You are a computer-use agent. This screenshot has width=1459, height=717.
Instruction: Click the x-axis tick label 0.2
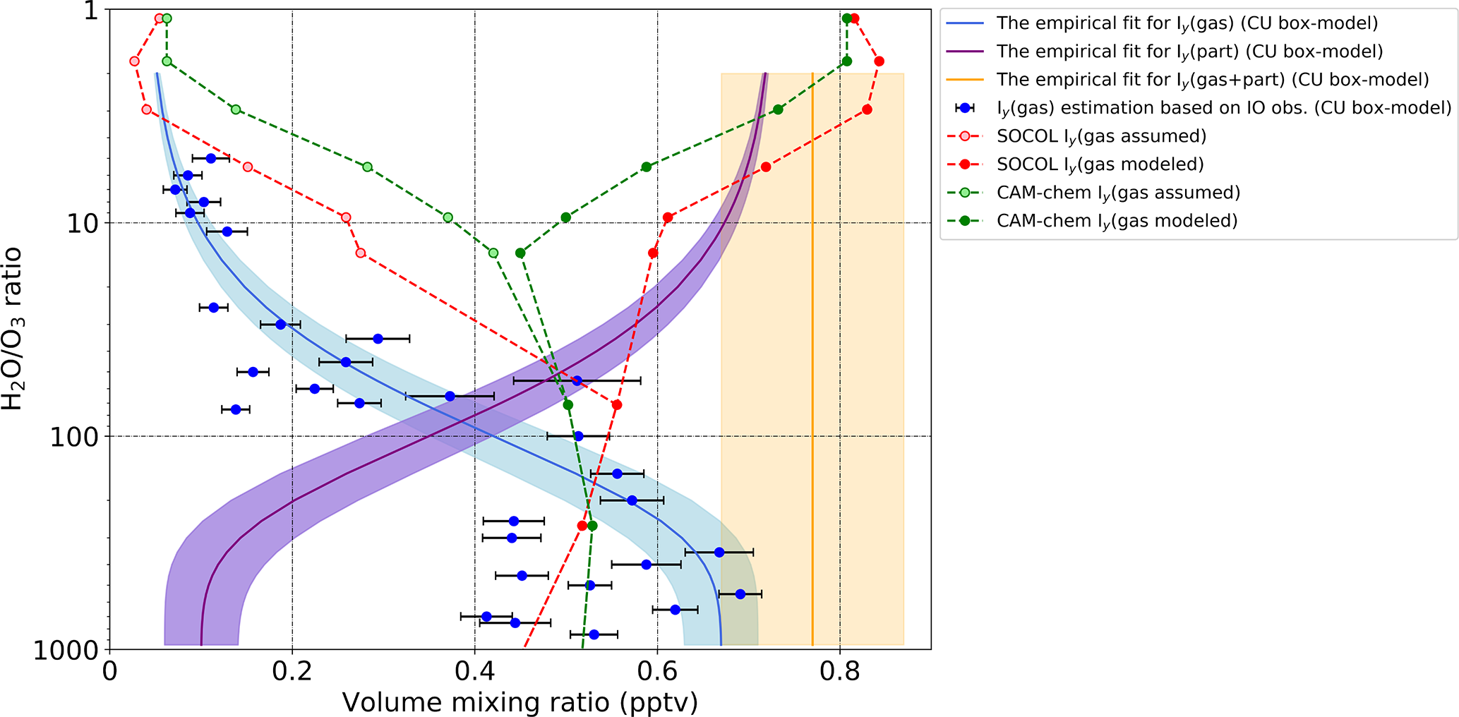pos(292,670)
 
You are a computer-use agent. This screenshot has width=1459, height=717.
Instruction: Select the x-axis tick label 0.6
pos(657,670)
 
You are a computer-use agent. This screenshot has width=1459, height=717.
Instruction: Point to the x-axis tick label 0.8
pos(840,670)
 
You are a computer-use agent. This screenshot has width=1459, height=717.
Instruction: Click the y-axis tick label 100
pos(76,437)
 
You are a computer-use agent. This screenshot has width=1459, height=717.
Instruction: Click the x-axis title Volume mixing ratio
pos(520,703)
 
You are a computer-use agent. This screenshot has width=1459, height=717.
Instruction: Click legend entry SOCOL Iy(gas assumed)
pos(1101,136)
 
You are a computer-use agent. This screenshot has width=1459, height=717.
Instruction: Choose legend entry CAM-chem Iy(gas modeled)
pos(1117,221)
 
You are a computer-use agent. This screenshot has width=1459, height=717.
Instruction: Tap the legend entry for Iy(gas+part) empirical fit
pos(1212,80)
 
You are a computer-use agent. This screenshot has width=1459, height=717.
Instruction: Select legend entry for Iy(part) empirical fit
pos(1189,52)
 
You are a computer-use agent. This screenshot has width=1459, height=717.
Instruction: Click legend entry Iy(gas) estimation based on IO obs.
pos(1223,108)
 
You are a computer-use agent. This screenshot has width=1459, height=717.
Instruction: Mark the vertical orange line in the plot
pos(812,353)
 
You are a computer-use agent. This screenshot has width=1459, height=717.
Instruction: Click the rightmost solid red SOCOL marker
pos(879,61)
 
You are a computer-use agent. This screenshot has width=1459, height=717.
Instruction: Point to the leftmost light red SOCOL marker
pos(134,61)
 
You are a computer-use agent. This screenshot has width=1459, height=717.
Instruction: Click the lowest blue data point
pos(594,634)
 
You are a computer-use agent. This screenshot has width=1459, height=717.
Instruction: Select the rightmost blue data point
pos(740,594)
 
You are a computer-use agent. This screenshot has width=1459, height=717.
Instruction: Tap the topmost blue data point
pos(210,158)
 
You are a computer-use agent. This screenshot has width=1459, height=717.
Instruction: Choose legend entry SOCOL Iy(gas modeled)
pos(1100,164)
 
